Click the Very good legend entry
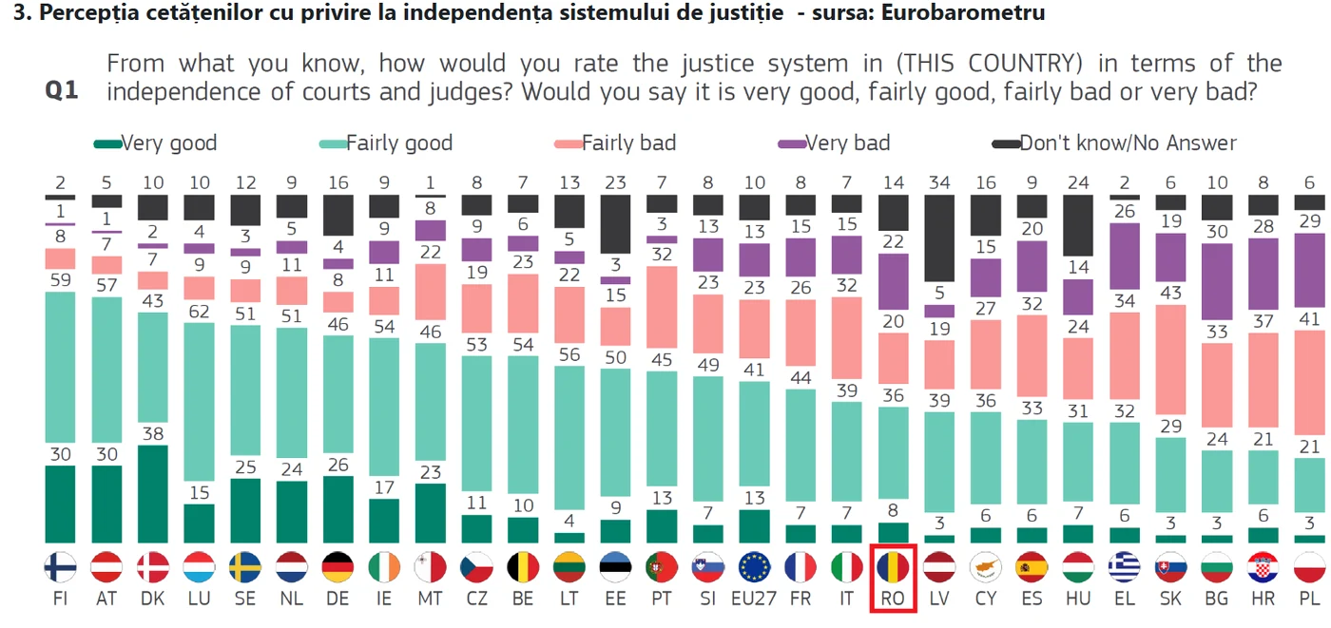(155, 143)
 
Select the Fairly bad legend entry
(615, 143)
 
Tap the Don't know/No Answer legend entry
(1114, 143)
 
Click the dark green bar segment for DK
(153, 494)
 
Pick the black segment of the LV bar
(939, 238)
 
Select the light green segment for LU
(199, 402)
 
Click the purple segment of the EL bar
(1125, 257)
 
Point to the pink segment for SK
(1170, 359)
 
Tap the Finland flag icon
(60, 567)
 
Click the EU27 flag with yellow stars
(754, 567)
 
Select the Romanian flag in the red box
(893, 567)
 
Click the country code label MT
(430, 599)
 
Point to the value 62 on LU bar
(199, 312)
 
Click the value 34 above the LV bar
(939, 182)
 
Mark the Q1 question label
(62, 91)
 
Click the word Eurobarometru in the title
(962, 12)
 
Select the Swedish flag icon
(245, 567)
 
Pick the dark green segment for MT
(430, 513)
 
